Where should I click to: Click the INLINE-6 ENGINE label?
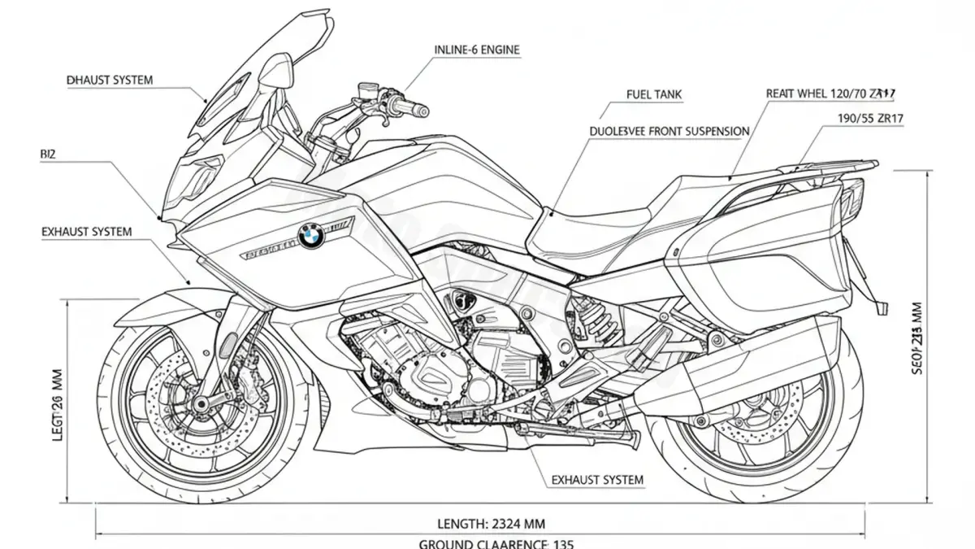(x=477, y=50)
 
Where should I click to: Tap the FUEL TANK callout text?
(x=654, y=94)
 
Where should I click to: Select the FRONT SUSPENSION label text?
(x=669, y=130)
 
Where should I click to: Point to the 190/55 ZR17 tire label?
(x=871, y=118)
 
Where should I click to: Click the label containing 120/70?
(x=830, y=94)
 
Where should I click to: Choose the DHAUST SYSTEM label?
(x=110, y=81)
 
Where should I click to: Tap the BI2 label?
(x=48, y=153)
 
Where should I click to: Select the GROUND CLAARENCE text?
(x=496, y=543)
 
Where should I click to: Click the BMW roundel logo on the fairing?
(x=310, y=236)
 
